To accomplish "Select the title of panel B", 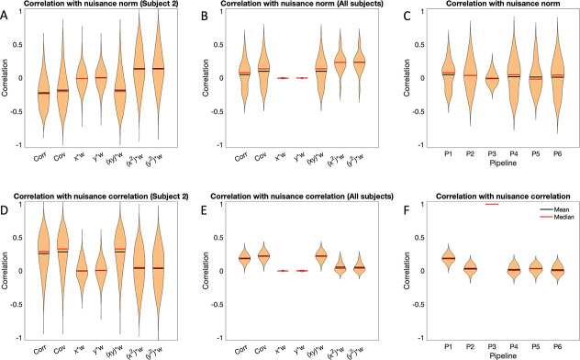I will [x=295, y=6].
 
